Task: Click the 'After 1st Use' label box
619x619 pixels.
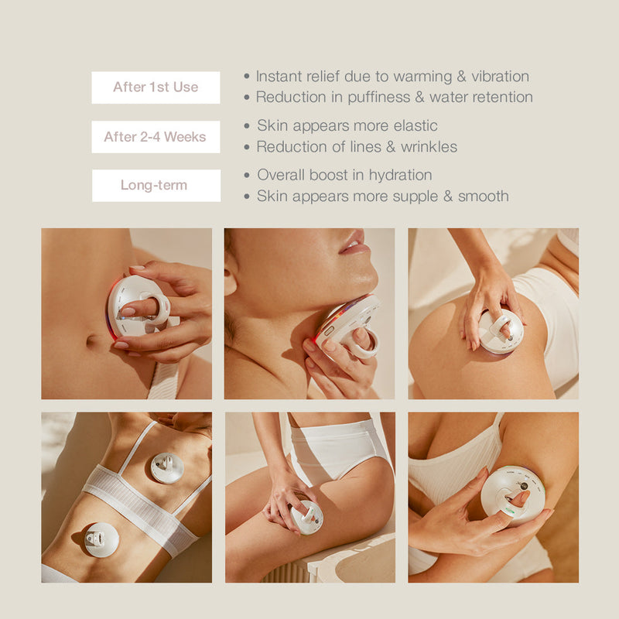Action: pyautogui.click(x=156, y=87)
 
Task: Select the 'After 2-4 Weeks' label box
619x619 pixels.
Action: pyautogui.click(x=156, y=137)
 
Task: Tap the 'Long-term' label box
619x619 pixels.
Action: pyautogui.click(x=156, y=186)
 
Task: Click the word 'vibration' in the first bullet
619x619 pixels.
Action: pyautogui.click(x=500, y=76)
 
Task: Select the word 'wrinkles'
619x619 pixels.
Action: pyautogui.click(x=429, y=146)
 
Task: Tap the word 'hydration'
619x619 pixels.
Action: pyautogui.click(x=400, y=176)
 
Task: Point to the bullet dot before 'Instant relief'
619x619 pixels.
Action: pyautogui.click(x=247, y=76)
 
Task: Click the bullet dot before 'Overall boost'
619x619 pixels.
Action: pyautogui.click(x=247, y=175)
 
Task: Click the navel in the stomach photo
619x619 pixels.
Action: pyautogui.click(x=93, y=340)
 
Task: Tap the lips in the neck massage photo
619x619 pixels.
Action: pyautogui.click(x=355, y=242)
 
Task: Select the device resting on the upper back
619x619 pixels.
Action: pyautogui.click(x=167, y=468)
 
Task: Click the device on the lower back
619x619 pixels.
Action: pyautogui.click(x=101, y=539)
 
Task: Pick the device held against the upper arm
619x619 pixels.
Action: pyautogui.click(x=513, y=495)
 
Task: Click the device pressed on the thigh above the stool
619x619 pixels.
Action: pyautogui.click(x=306, y=517)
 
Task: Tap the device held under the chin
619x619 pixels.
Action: pyautogui.click(x=348, y=326)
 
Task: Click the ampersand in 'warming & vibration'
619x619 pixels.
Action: pyautogui.click(x=461, y=76)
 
